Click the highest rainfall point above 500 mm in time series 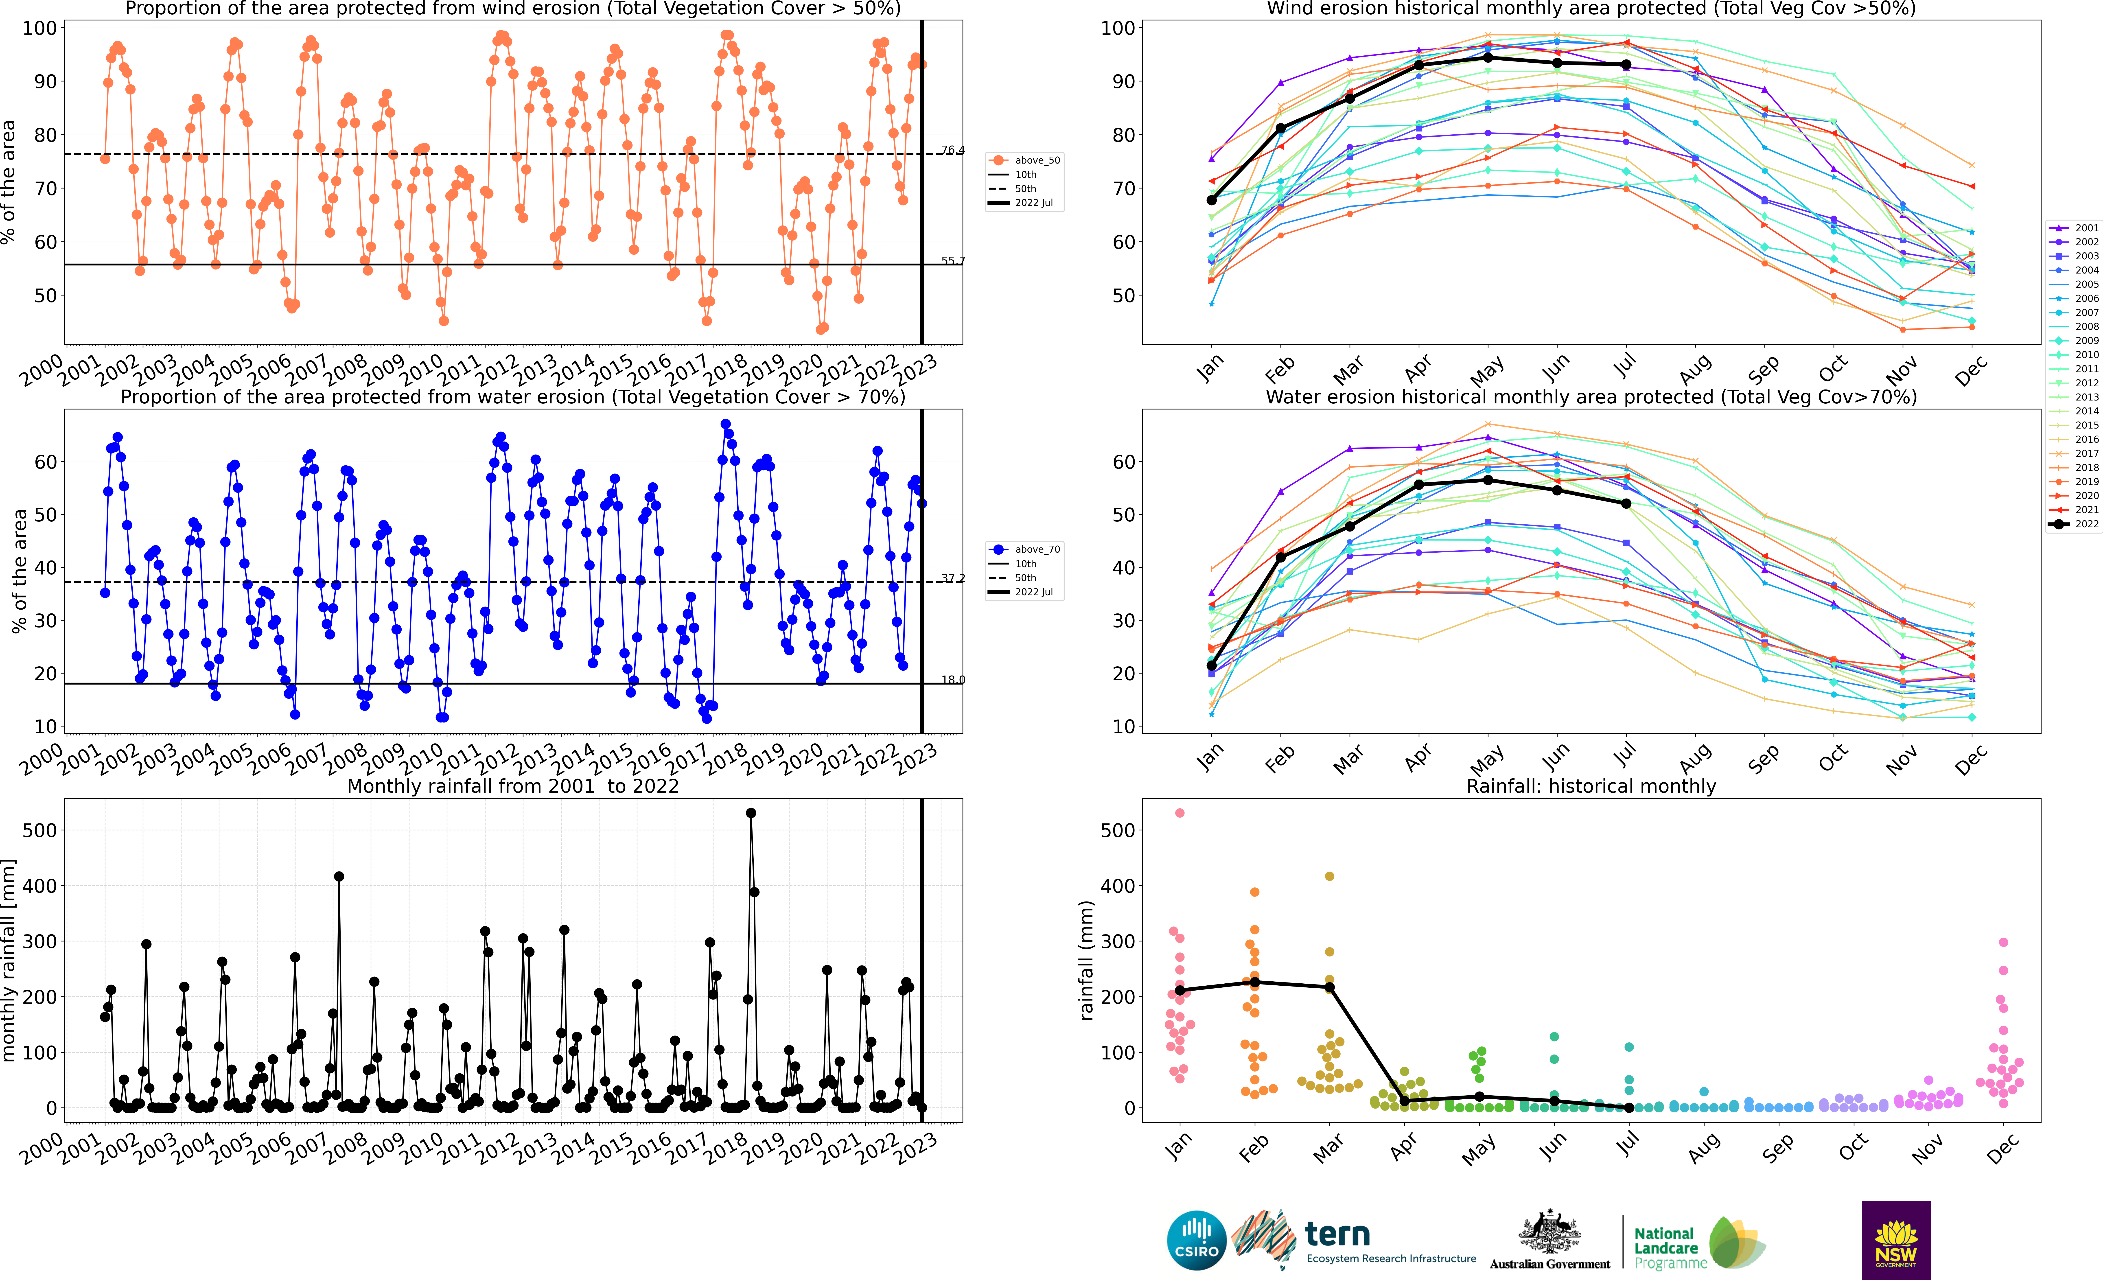[751, 813]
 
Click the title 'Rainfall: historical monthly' [1591, 786]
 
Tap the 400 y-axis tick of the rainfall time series [40, 886]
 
